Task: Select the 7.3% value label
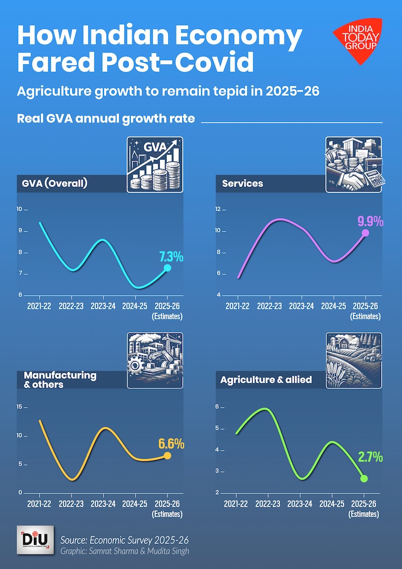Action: click(x=171, y=256)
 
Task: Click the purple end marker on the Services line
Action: click(x=366, y=233)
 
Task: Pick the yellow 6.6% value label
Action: click(x=171, y=444)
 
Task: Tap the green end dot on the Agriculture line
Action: click(x=364, y=478)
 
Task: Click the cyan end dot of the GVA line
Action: click(x=167, y=268)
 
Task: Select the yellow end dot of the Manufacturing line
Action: click(x=167, y=455)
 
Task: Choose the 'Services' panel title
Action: click(x=243, y=183)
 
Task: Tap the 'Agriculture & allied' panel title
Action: click(x=266, y=380)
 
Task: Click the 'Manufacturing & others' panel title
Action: click(x=60, y=380)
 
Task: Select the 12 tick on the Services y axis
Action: click(x=218, y=209)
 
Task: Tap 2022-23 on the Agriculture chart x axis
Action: click(x=269, y=504)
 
